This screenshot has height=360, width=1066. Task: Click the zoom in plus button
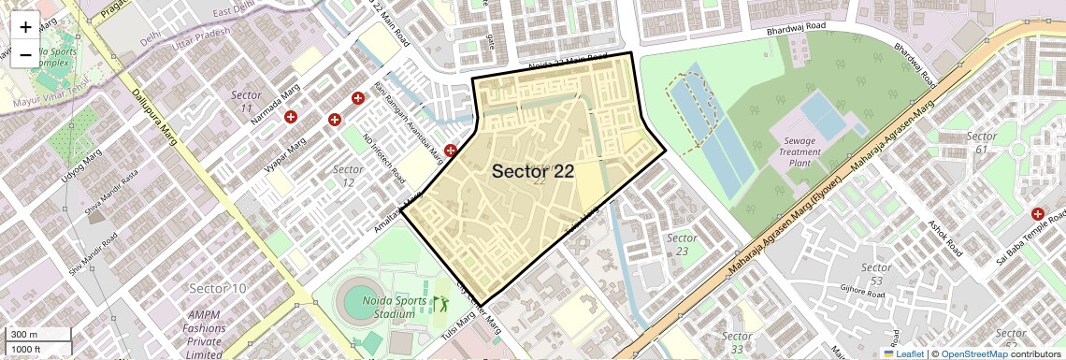point(25,27)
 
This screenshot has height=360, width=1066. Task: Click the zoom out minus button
point(25,54)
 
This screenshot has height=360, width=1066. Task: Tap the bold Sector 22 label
point(532,171)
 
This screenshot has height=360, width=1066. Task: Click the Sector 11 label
point(246,102)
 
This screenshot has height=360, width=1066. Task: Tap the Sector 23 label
point(682,244)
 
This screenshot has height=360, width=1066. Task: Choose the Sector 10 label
point(218,288)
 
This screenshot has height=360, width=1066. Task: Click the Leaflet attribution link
point(902,353)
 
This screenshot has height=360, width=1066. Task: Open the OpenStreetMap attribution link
point(973,353)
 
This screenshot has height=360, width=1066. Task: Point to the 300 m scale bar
point(37,335)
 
